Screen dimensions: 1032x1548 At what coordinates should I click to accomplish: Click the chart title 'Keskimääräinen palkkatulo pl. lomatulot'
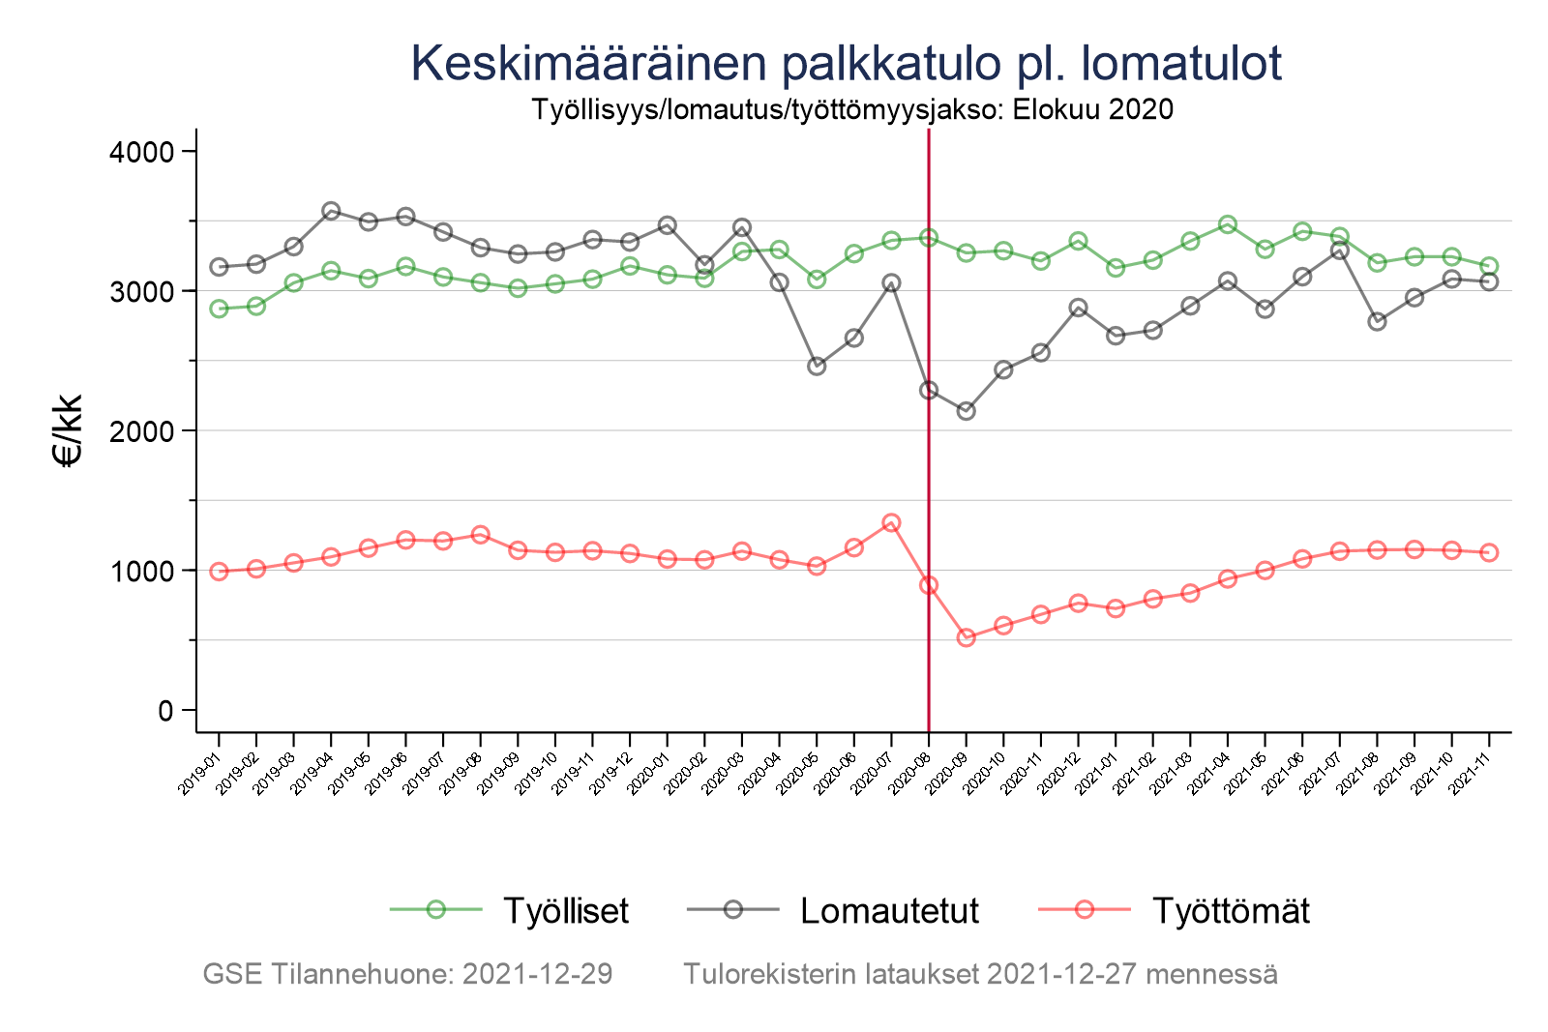pos(847,64)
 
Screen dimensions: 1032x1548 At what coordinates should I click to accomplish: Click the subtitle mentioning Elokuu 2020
pos(852,109)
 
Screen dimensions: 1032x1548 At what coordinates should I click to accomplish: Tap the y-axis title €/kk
pos(69,430)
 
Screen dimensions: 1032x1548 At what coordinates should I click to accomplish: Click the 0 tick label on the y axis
pos(164,711)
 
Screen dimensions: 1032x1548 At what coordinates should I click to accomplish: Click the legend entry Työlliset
pos(565,911)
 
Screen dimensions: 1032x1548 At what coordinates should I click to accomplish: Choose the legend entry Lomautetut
pos(889,911)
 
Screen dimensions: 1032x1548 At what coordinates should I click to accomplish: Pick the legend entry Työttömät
pos(1231,911)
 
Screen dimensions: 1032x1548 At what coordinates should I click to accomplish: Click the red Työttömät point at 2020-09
pos(966,637)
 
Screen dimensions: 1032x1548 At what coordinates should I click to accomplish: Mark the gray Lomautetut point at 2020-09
pos(966,411)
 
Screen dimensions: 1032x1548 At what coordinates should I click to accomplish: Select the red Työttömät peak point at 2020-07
pos(891,523)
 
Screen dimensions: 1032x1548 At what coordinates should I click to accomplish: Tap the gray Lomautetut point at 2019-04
pos(331,211)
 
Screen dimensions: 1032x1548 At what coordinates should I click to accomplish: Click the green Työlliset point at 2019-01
pos(219,309)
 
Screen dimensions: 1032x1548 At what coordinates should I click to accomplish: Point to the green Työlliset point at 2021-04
pos(1228,224)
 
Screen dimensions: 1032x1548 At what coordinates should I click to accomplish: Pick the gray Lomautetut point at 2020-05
pos(817,367)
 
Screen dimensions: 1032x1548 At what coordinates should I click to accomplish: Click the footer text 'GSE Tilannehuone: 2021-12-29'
pos(407,974)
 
